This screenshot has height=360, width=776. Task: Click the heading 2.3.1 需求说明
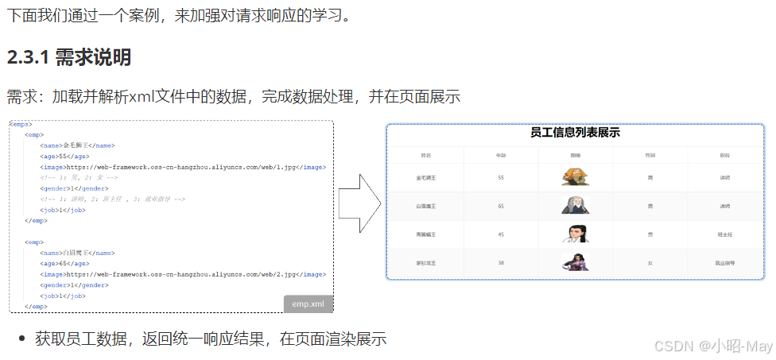(x=68, y=57)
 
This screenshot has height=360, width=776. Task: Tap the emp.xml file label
(x=308, y=304)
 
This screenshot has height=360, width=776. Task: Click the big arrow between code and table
(x=360, y=203)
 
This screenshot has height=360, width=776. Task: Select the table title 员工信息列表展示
(x=575, y=133)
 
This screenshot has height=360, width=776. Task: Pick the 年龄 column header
(x=501, y=156)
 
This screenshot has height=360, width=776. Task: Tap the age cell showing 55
(x=501, y=177)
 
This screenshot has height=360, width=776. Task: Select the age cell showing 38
(x=501, y=262)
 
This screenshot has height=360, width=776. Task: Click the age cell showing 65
(x=501, y=206)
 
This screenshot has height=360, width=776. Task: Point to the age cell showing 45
(x=501, y=234)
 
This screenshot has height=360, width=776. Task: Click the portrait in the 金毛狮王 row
(x=575, y=176)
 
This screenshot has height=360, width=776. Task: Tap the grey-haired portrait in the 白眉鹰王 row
(x=575, y=205)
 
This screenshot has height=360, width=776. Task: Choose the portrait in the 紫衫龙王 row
(x=575, y=261)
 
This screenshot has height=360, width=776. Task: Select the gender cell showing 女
(x=650, y=262)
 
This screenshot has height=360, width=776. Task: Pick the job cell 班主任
(x=724, y=234)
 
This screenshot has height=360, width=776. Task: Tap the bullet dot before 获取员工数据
(x=21, y=339)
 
